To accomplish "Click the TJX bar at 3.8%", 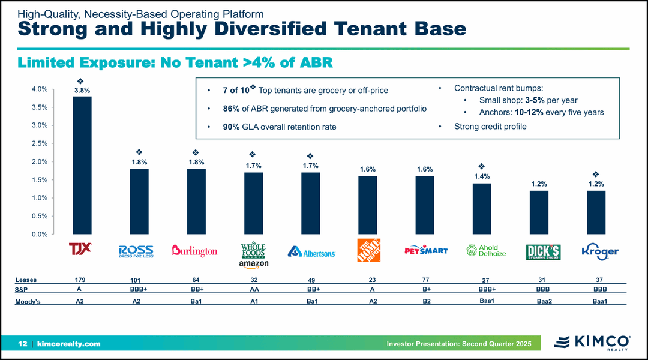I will [82, 165].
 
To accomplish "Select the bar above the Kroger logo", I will [596, 212].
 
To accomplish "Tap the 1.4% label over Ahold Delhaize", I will [482, 176].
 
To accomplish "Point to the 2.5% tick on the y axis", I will [39, 143].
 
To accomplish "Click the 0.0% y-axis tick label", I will [39, 234].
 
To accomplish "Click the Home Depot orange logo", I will [368, 250].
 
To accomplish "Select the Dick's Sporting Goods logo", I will [543, 251].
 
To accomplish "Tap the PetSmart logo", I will [427, 250].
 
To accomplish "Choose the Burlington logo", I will [194, 251].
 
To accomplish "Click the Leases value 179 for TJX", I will [80, 280].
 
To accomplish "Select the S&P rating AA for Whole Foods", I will [254, 289].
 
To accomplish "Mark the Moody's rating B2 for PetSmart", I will [427, 301].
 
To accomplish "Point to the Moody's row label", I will [28, 302].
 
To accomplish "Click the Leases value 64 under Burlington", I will [196, 280].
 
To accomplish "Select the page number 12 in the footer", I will [23, 344].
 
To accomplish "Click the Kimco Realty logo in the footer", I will [591, 343].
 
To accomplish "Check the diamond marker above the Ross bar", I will [139, 152].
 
